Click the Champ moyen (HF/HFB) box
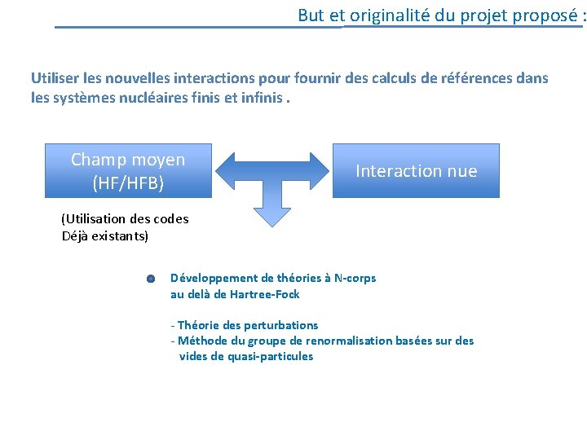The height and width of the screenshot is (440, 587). tap(128, 171)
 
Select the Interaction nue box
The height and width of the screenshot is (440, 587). tap(416, 171)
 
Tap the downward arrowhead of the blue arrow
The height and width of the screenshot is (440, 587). tap(271, 214)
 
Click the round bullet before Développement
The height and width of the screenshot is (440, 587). tap(151, 279)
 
